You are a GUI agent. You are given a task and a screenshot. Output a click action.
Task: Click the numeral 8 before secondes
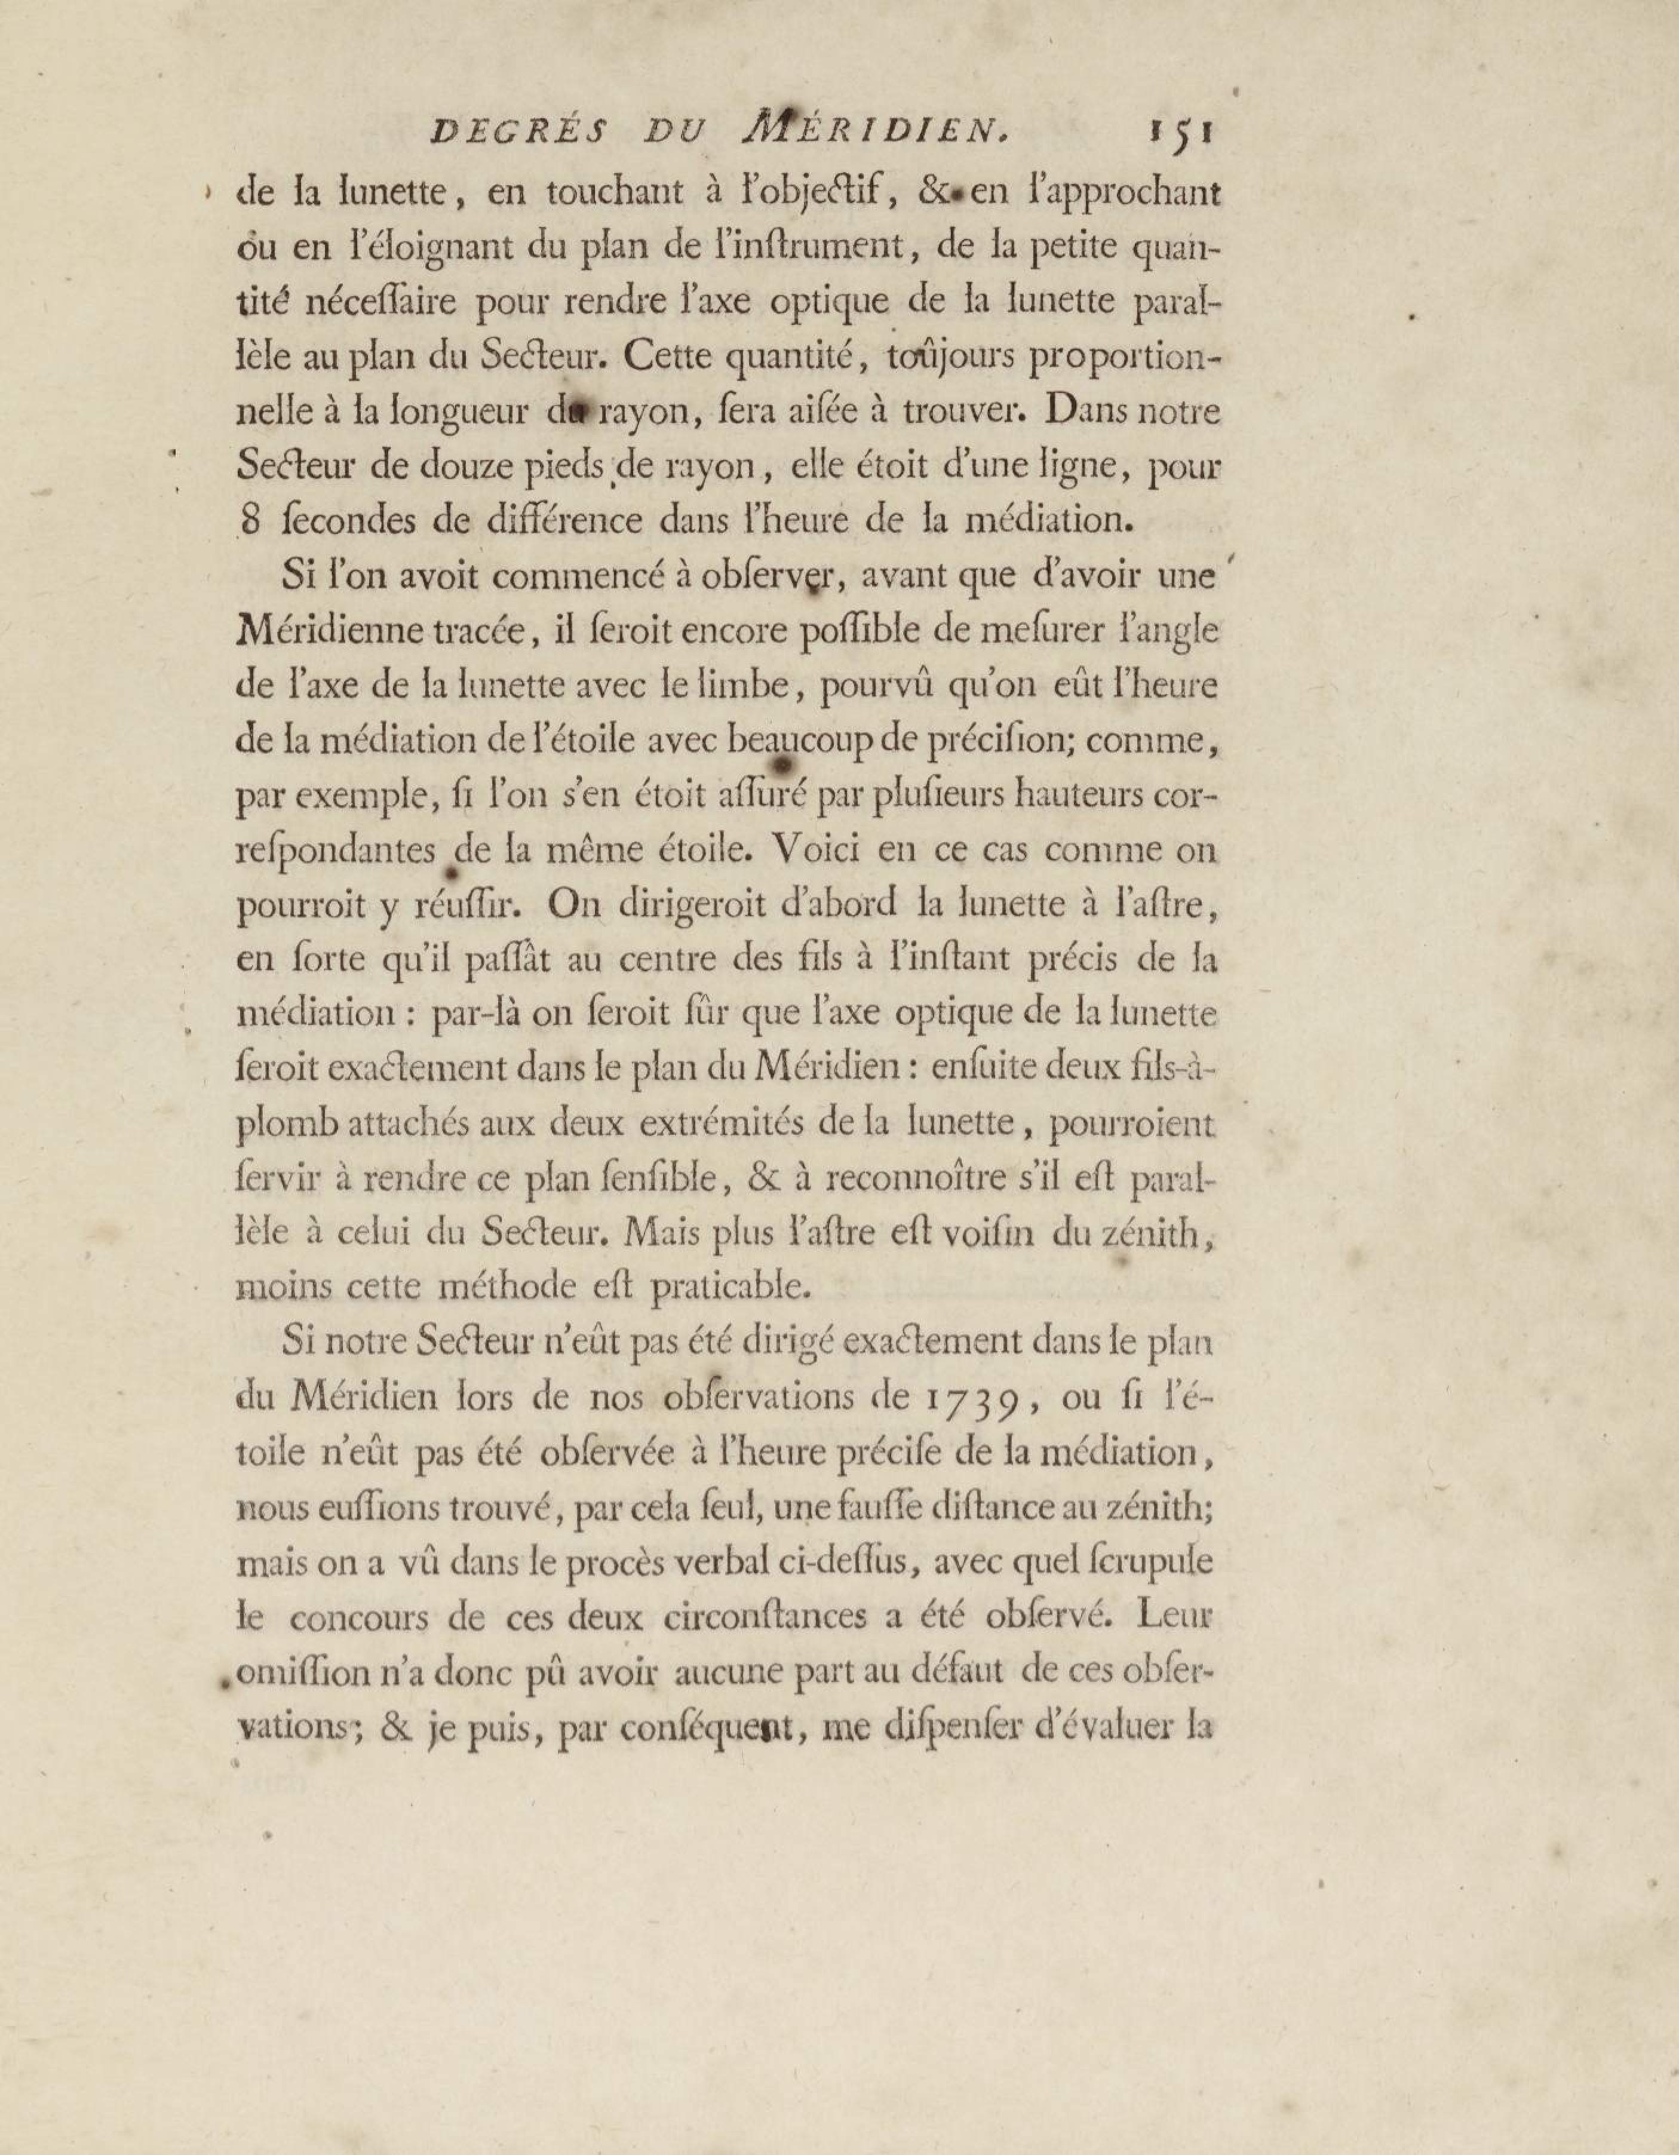tap(251, 520)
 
